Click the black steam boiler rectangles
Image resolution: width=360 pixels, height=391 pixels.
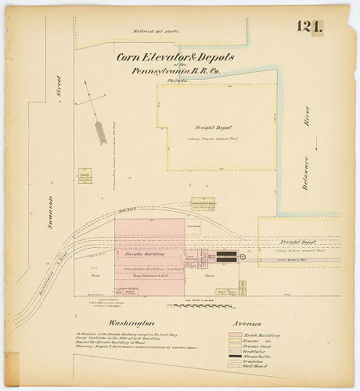click(x=227, y=256)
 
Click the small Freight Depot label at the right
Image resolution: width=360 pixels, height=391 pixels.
click(x=297, y=243)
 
